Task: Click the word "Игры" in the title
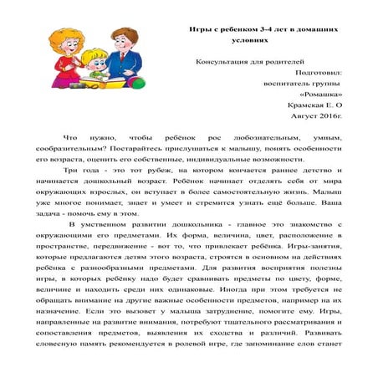199,29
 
